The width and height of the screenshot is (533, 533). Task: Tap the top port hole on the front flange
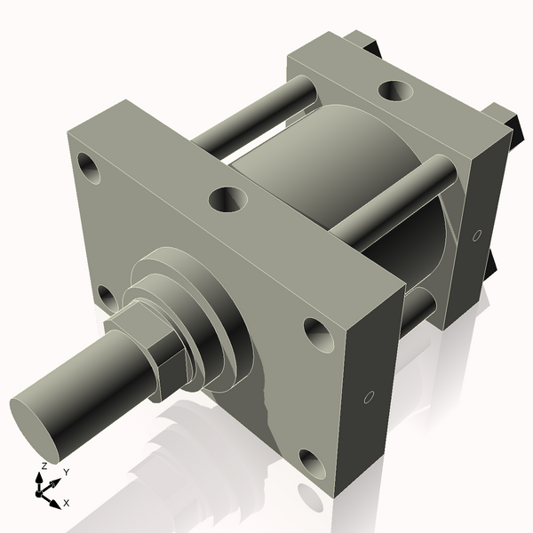pos(227,198)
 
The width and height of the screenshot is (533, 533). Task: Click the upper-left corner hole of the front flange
pos(88,165)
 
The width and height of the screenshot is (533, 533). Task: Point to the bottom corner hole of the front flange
pos(311,463)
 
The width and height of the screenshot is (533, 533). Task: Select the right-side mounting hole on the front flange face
pos(318,333)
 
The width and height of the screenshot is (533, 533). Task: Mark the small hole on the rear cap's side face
pos(476,235)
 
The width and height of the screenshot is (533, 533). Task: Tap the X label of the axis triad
pos(67,503)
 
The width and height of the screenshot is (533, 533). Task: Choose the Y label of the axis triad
pos(66,473)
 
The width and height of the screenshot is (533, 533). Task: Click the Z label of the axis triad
pos(44,465)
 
